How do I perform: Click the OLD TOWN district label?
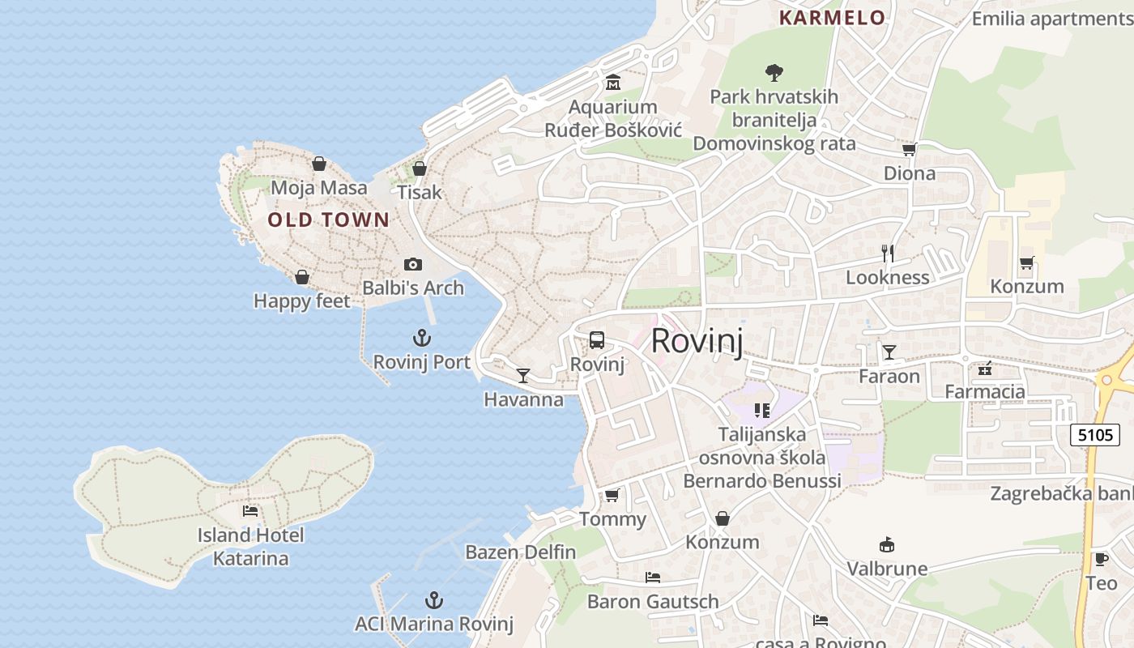[328, 220]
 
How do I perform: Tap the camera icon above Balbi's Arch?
[413, 264]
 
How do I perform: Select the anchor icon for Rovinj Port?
[422, 338]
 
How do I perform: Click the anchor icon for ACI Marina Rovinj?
[435, 600]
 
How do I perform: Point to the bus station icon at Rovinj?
[597, 340]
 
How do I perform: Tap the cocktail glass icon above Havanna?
[523, 375]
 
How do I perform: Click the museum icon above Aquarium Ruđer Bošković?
[613, 83]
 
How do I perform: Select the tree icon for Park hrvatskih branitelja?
[774, 72]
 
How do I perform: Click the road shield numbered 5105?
[1095, 435]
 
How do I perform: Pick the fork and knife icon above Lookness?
[888, 254]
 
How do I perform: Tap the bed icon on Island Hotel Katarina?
[250, 511]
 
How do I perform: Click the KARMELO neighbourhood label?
[832, 18]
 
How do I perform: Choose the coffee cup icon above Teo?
[1101, 559]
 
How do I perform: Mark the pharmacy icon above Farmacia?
[985, 369]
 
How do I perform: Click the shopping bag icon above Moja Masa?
[319, 164]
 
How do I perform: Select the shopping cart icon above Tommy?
[612, 495]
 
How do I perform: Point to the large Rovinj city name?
[697, 341]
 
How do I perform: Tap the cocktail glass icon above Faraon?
[889, 352]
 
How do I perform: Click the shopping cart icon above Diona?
[909, 150]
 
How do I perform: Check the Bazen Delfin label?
[520, 552]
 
